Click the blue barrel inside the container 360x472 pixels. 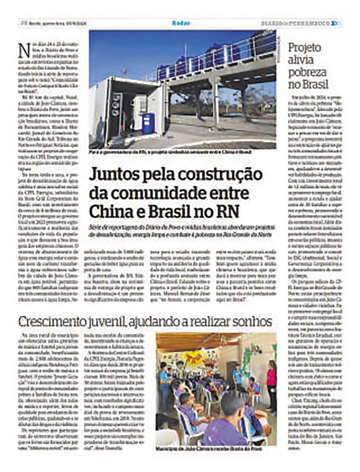[148, 124]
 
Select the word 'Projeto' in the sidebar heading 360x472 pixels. [305, 48]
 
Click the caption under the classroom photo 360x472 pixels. [209, 449]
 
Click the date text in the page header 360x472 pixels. [61, 23]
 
